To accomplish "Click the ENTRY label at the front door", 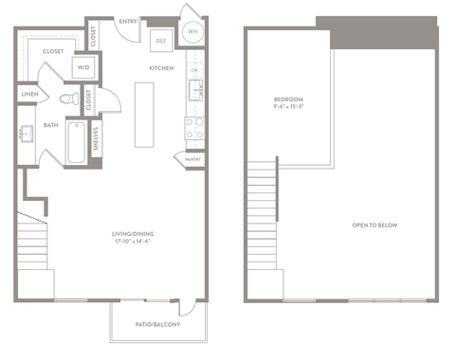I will tap(128, 21).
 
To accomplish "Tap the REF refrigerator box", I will tap(162, 42).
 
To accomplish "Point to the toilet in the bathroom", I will tap(67, 98).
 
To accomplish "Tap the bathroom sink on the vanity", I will tap(26, 133).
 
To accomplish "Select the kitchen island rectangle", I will tap(145, 115).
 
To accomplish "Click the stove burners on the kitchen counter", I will tap(194, 128).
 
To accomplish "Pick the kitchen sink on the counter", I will tap(195, 90).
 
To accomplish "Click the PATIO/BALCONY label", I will tap(157, 325).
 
